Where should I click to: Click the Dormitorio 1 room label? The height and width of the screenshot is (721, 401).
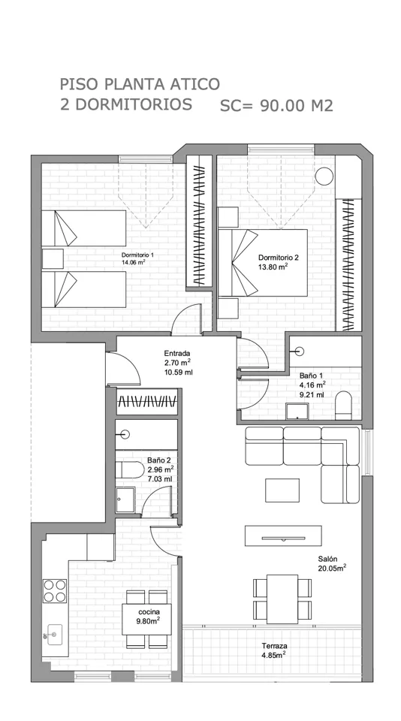point(137,255)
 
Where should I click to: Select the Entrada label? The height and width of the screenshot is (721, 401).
point(177,354)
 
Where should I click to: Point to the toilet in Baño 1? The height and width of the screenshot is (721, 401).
point(343,405)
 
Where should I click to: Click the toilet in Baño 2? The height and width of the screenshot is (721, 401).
point(124,470)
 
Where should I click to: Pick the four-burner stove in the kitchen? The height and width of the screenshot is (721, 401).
point(55,591)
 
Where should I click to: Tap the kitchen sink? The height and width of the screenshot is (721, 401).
point(55,635)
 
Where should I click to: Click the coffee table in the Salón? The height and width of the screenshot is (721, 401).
point(282,490)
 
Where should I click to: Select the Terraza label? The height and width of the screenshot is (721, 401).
point(275,646)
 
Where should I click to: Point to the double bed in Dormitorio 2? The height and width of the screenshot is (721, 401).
point(262,263)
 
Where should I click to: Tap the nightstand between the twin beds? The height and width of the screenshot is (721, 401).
point(53,258)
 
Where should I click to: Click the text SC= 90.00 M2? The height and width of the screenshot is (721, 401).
point(276,106)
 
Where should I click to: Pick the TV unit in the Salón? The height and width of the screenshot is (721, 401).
point(283,535)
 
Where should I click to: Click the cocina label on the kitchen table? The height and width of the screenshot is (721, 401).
point(149,612)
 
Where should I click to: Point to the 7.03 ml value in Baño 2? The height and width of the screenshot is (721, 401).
point(160,479)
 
